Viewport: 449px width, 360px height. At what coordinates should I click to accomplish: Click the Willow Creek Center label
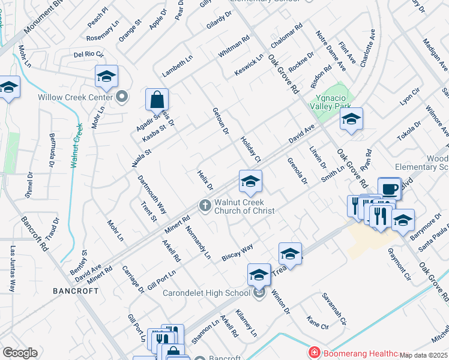click(x=75, y=97)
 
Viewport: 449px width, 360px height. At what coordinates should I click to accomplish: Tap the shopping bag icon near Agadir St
click(x=157, y=99)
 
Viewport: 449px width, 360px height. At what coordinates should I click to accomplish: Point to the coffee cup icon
click(x=389, y=189)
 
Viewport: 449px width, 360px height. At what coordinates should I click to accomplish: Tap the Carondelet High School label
click(x=207, y=293)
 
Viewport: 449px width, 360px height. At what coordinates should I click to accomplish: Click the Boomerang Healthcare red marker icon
click(x=313, y=353)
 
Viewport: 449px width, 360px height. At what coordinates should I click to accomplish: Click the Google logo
click(x=20, y=353)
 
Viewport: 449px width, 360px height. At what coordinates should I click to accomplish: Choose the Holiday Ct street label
click(x=250, y=149)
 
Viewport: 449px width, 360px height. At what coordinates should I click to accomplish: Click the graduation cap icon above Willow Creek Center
click(x=106, y=76)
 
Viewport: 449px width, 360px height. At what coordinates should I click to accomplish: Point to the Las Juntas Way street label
click(x=12, y=269)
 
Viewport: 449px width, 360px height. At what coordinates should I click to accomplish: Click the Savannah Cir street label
click(x=334, y=309)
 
